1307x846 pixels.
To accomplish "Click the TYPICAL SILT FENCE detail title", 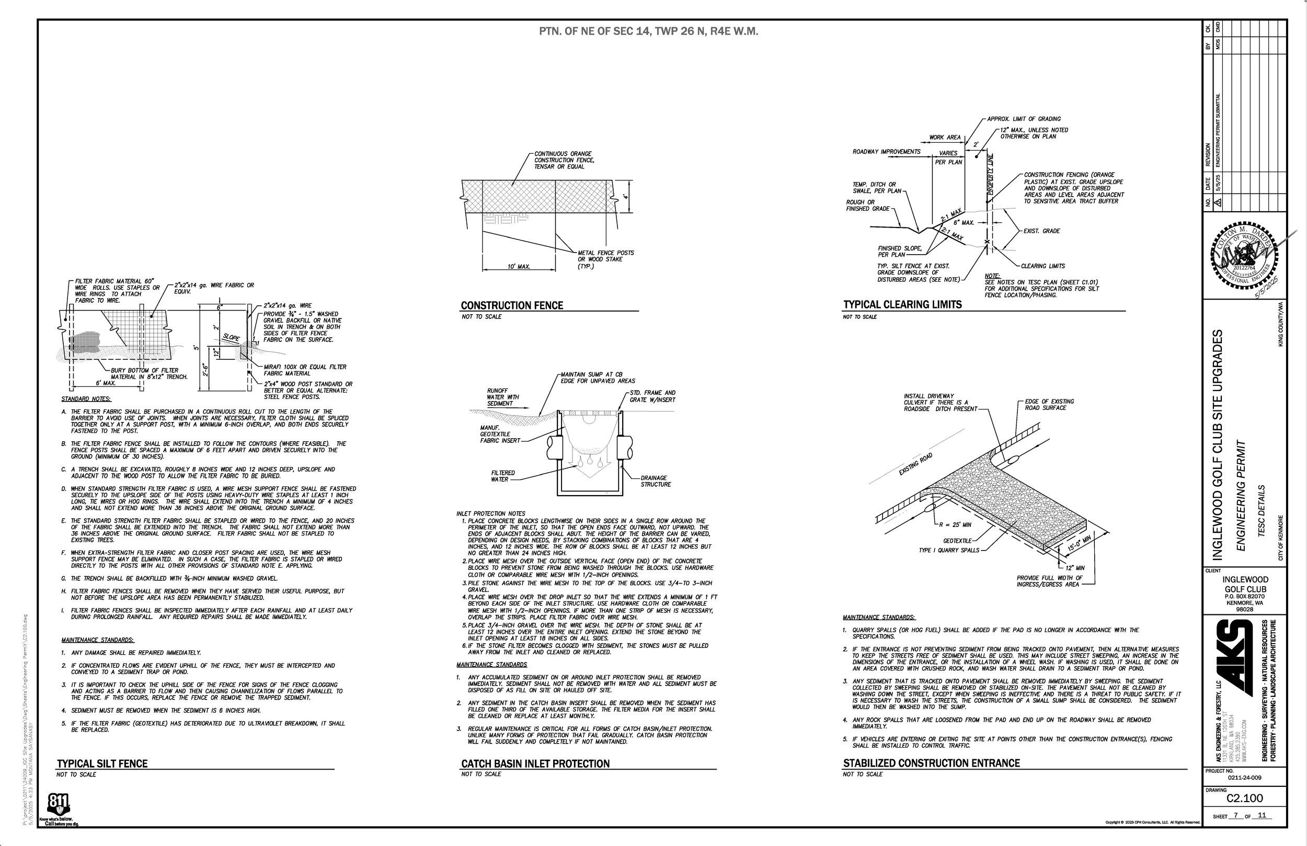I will point(102,763).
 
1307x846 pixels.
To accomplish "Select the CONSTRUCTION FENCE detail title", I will point(512,305).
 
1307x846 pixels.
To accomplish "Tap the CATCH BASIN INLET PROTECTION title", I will point(535,763).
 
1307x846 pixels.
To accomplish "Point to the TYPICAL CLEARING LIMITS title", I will point(902,305).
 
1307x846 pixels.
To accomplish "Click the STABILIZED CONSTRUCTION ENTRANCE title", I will point(932,763).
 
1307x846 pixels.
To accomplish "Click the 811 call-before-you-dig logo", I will point(58,805).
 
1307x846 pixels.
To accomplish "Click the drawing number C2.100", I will point(1244,798).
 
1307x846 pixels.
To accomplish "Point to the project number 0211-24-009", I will point(1244,778).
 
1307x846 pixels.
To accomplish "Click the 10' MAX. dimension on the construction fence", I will point(519,267).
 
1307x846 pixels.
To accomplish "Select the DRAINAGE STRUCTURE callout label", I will point(655,481).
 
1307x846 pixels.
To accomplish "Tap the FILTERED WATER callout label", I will point(502,476).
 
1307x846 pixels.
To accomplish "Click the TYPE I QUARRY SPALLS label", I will point(949,550).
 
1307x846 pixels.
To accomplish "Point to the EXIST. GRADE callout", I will point(1041,231).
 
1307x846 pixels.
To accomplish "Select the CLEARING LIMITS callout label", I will point(1042,266).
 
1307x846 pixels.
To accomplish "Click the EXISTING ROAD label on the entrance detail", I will point(915,464).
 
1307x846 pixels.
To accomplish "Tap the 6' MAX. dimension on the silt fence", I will point(106,383).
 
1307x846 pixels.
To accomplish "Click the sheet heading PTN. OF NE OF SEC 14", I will point(648,31).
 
